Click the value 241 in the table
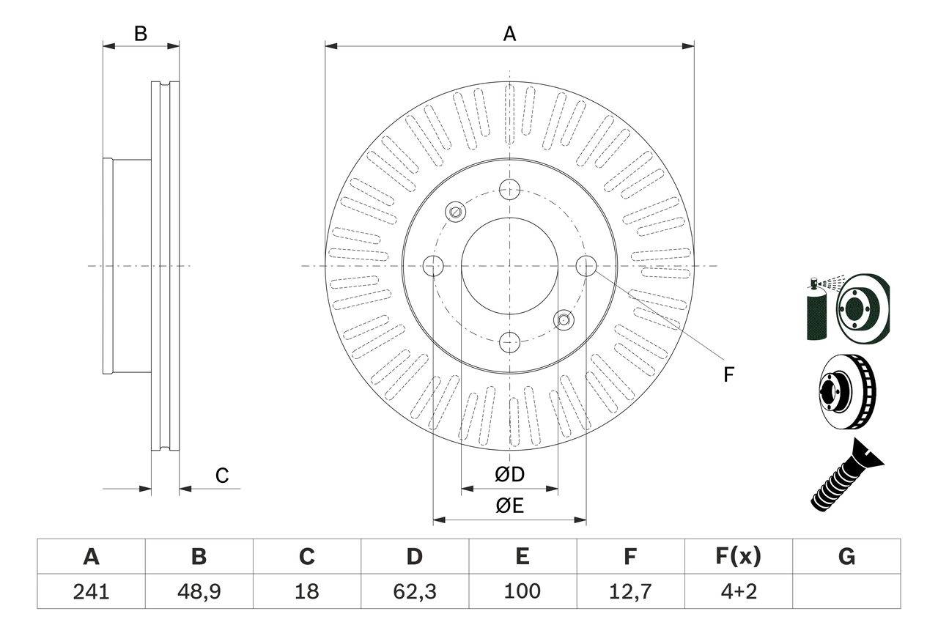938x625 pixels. coord(91,591)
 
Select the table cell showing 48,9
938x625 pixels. coord(199,591)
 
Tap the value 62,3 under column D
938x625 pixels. coord(414,591)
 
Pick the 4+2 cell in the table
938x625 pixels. coord(738,591)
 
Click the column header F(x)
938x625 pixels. coord(738,557)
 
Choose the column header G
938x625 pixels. coord(846,557)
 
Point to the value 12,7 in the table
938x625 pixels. coord(629,591)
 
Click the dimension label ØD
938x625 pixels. coord(510,475)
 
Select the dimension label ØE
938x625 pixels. coord(510,506)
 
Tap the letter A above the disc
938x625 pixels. coord(509,34)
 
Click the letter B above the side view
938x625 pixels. coord(141,34)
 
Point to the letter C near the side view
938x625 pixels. coord(222,476)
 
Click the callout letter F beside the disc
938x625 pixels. coord(728,375)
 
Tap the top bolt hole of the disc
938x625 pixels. coord(509,190)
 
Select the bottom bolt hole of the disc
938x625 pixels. coord(509,341)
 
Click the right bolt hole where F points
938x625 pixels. coord(586,266)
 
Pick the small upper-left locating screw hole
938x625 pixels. coord(456,212)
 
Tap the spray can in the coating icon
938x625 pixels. coord(815,311)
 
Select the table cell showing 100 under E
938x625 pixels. coord(522,591)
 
